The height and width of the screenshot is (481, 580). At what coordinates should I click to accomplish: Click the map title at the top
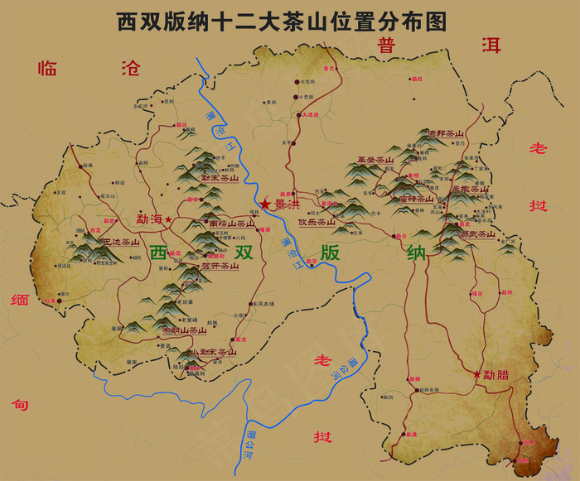(x=282, y=21)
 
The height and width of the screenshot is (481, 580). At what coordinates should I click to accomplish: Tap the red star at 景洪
(x=265, y=204)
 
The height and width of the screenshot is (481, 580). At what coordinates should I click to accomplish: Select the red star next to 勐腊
(x=476, y=374)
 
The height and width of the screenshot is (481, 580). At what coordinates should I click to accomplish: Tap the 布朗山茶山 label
(x=183, y=330)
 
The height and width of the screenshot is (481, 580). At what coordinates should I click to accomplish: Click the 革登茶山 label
(x=375, y=160)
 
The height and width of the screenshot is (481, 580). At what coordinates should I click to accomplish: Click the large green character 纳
(x=417, y=253)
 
